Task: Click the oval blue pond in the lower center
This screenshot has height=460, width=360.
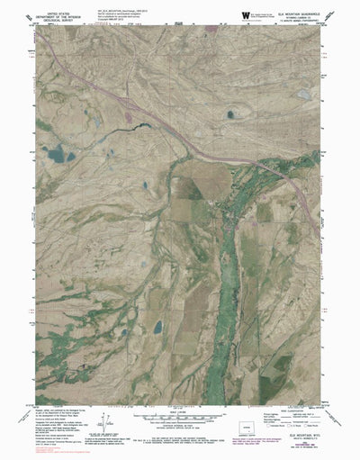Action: (157, 326)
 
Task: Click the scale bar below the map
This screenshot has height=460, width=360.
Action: (180, 417)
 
